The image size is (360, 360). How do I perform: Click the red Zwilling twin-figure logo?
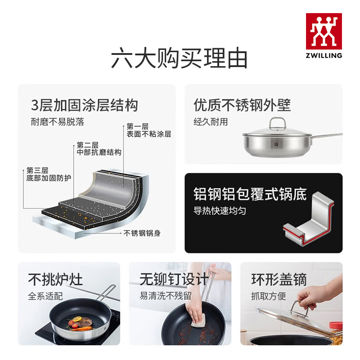point(324,31)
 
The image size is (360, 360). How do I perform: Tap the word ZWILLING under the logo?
point(324,55)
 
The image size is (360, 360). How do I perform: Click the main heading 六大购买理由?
point(179,58)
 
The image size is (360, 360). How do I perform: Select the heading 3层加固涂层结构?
point(85,105)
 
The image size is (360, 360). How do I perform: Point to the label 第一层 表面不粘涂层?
point(149,130)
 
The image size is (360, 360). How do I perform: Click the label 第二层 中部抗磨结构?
point(99,148)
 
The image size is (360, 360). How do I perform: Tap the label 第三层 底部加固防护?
point(49,174)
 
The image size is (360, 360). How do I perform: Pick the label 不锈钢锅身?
point(142,233)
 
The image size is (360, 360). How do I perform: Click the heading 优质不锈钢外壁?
point(242,105)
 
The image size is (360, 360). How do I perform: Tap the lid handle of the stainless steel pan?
point(278,124)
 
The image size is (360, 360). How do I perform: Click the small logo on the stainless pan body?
point(276,144)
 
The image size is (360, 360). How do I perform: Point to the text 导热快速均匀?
point(220,211)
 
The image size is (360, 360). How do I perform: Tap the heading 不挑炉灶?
point(55,279)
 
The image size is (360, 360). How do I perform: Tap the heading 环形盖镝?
point(279,279)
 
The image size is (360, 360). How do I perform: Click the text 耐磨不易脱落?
point(58,121)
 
